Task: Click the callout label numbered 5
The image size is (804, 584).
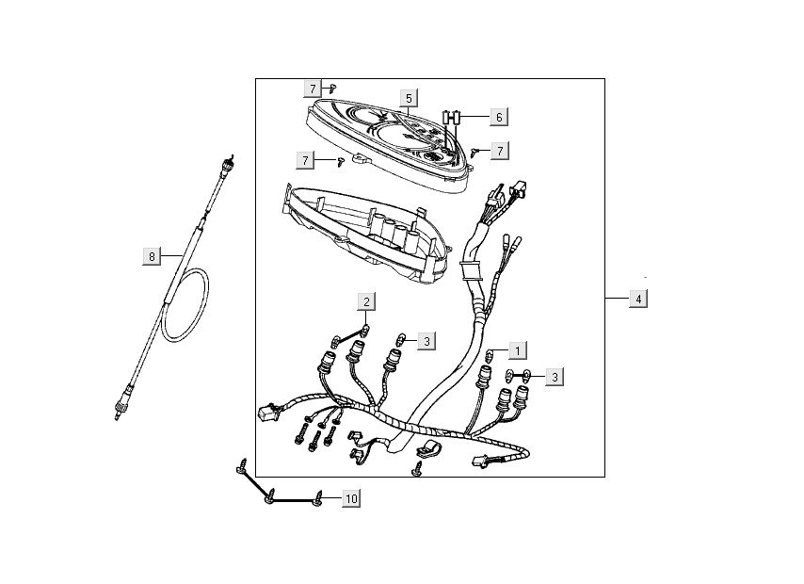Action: point(409,98)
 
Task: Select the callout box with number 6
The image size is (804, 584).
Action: point(499,118)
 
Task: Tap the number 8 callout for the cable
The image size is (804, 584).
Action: point(151,255)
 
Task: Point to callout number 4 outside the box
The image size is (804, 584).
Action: point(638,299)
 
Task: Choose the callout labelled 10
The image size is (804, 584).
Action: point(350,498)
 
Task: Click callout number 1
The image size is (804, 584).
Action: point(517,350)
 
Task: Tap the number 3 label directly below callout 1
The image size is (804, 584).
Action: point(555,377)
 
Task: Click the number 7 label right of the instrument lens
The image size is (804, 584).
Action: point(499,150)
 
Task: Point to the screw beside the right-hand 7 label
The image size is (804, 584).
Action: point(476,151)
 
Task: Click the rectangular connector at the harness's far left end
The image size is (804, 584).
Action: point(265,413)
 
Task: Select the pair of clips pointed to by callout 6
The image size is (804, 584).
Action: point(453,118)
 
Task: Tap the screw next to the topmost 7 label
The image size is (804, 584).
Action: point(332,87)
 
